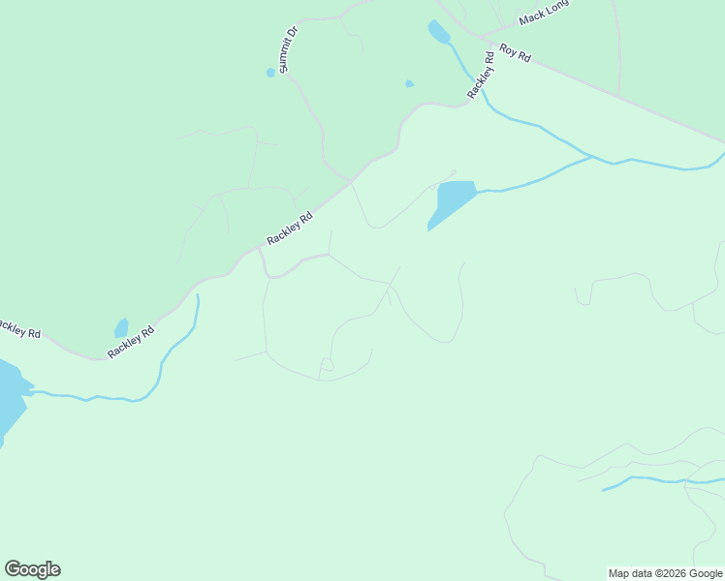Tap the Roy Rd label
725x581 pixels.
coord(516,52)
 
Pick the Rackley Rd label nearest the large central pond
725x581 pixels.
coord(291,230)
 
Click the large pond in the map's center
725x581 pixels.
coord(452,201)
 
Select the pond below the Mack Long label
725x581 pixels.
coord(438,32)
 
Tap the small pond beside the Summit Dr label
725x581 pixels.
coord(270,73)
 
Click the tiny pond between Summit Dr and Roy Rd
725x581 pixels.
coord(409,84)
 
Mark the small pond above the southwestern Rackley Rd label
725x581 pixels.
coord(121,328)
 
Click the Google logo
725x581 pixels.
coord(32,569)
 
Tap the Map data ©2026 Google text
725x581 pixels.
coord(666,573)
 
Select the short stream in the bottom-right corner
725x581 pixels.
coord(659,479)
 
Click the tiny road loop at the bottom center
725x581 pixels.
coord(327,364)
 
